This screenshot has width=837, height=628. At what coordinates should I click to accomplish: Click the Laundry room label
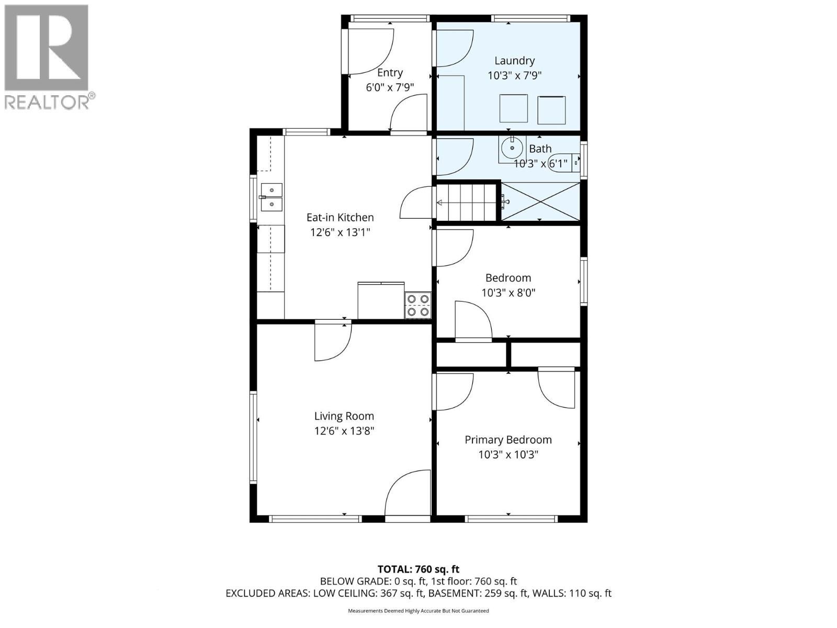point(514,61)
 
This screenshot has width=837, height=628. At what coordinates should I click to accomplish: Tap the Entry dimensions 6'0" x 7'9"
point(390,87)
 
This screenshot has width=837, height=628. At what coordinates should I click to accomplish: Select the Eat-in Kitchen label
point(340,217)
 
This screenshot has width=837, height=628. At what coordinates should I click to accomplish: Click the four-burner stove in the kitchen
point(417,305)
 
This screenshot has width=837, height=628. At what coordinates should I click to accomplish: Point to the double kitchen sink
point(271,197)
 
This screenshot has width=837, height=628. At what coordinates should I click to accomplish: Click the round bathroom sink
point(511,148)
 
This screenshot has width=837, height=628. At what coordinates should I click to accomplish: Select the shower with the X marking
point(540,201)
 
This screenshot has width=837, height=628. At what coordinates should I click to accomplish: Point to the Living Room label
point(344,416)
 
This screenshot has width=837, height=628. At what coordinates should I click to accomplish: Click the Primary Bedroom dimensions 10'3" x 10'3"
point(508,455)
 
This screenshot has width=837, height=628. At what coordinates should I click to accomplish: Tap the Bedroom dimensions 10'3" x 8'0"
point(508,293)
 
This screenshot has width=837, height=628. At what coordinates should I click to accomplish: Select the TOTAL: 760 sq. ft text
point(418,569)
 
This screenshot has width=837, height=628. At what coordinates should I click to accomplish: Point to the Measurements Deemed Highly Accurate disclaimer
point(418,611)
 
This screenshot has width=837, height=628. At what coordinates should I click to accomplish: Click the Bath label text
point(540,149)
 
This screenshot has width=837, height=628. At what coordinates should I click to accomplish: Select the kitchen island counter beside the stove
point(380,300)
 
